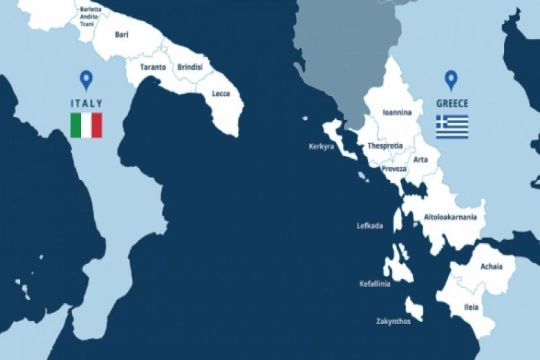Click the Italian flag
coord(86,125)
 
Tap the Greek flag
coord(452,127)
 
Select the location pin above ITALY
coord(85,80)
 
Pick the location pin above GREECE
coord(451,80)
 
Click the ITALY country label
coord(86,102)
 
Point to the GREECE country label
coord(452,103)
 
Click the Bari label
coord(121,35)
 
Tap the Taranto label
coord(153,67)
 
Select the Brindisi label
coord(190,67)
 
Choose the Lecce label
coord(221,93)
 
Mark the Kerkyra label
coord(321,147)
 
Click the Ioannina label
coord(397,113)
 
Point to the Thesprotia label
coord(385,145)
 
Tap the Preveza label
coord(394,169)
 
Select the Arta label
coord(421,159)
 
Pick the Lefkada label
coord(370,226)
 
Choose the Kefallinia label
coord(374,284)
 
